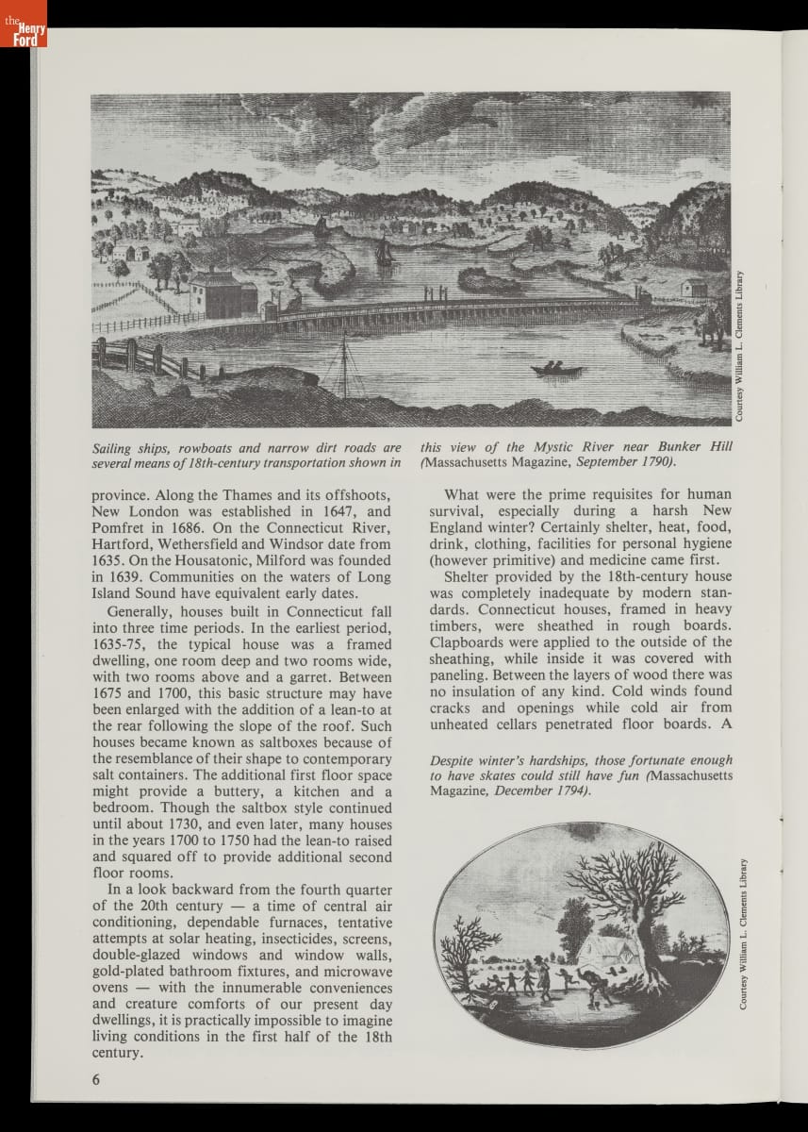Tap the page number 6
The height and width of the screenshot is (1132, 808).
(x=95, y=1080)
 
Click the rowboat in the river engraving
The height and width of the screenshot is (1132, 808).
(x=556, y=369)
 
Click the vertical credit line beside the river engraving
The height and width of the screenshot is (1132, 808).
(x=741, y=346)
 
